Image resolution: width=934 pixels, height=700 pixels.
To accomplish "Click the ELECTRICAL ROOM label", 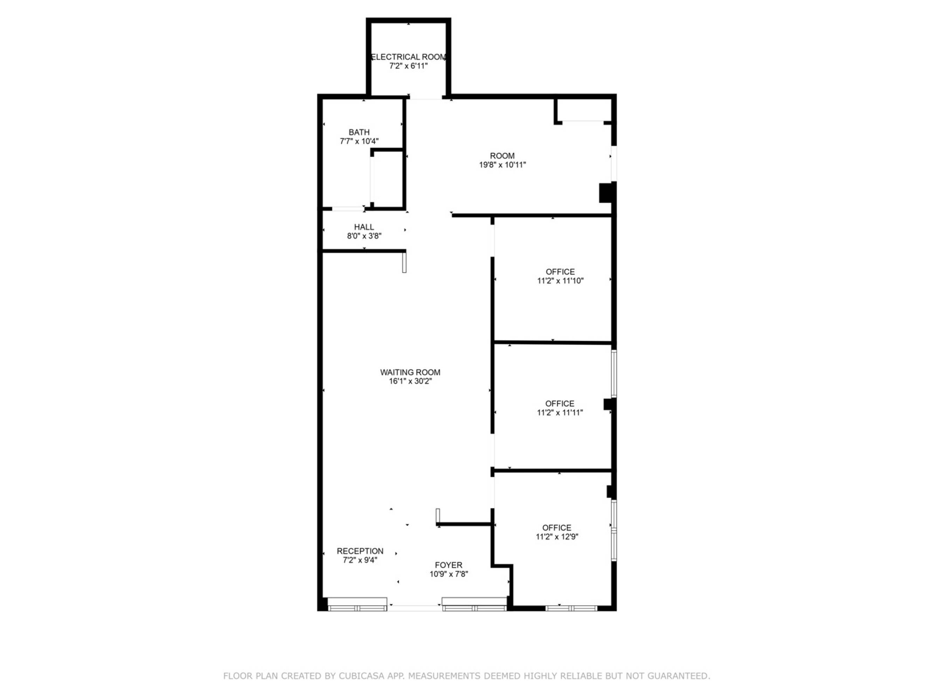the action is (408, 57).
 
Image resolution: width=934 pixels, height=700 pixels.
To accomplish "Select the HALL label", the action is (364, 227).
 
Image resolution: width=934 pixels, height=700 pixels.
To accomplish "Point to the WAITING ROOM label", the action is (410, 372).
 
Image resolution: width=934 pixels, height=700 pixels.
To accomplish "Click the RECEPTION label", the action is (360, 551).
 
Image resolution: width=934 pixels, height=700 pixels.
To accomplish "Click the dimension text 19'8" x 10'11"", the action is (503, 165).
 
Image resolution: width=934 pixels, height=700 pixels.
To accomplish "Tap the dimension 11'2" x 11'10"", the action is (560, 281).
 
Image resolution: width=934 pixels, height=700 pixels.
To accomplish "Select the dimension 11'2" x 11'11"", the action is (560, 413).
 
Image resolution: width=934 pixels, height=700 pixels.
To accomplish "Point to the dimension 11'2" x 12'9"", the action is (557, 537).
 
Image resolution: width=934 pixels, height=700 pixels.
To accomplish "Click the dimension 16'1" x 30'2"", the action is (410, 381).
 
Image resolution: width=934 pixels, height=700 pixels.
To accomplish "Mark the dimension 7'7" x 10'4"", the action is (359, 141).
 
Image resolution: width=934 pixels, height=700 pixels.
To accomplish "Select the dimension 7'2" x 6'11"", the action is (408, 66).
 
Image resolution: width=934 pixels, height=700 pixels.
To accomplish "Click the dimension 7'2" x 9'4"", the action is (360, 560).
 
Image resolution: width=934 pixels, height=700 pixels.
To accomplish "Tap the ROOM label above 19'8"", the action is (503, 156).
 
